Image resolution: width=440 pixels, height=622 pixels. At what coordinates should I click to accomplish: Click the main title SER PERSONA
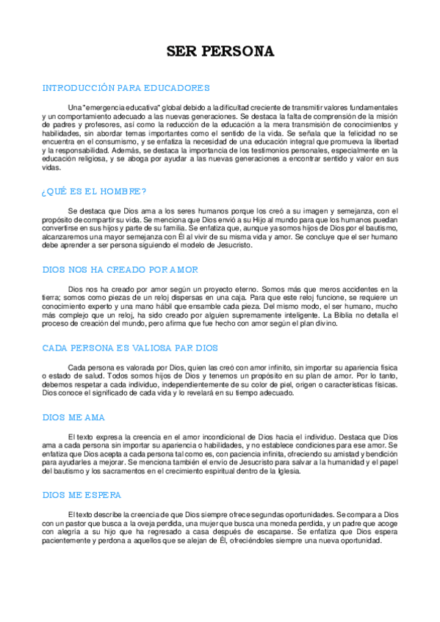(220, 51)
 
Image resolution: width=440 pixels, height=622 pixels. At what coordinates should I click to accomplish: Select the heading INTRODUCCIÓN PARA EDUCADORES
(126, 87)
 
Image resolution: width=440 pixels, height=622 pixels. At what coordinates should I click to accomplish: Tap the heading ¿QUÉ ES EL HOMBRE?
(94, 192)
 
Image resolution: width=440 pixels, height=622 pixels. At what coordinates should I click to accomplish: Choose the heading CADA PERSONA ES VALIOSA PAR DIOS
(130, 347)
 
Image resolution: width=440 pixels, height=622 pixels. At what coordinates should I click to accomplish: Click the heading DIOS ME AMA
(73, 417)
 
